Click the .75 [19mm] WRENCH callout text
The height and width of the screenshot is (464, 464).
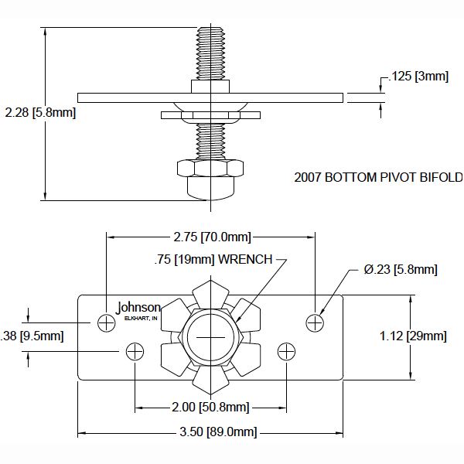click(212, 260)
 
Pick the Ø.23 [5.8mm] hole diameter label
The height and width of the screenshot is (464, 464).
click(401, 269)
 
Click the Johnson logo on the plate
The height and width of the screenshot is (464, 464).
click(138, 307)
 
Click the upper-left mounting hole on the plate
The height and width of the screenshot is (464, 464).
click(106, 322)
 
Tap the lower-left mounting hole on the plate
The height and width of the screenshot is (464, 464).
click(135, 352)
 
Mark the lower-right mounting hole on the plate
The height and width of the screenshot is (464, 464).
click(287, 352)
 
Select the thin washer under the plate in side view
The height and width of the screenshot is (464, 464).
click(210, 116)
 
